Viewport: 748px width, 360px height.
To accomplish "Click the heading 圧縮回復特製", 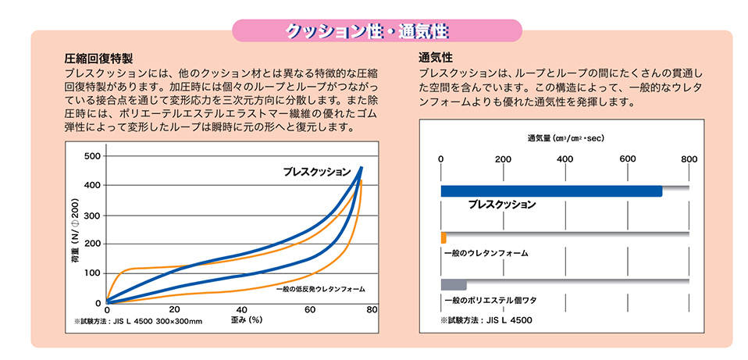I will coord(99,59).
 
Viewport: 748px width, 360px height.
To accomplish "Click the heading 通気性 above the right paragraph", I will coord(436,59).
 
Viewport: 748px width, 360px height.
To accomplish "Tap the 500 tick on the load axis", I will coord(92,156).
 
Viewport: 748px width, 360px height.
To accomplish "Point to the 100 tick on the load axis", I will coord(92,273).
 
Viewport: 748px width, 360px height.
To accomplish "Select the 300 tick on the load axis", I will coord(92,216).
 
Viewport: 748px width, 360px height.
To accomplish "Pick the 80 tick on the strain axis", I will coord(372,311).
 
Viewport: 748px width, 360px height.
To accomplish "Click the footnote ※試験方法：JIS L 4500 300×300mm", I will coord(137,321).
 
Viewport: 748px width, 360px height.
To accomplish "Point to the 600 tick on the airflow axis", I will coord(628,159).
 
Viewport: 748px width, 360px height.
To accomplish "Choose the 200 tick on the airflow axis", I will coord(503,159).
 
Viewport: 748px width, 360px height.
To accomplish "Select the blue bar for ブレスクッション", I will coord(551,191).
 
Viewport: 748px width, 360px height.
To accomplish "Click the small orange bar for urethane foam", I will coord(443,237).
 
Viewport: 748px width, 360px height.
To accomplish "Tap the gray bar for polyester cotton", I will coord(454,284).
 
